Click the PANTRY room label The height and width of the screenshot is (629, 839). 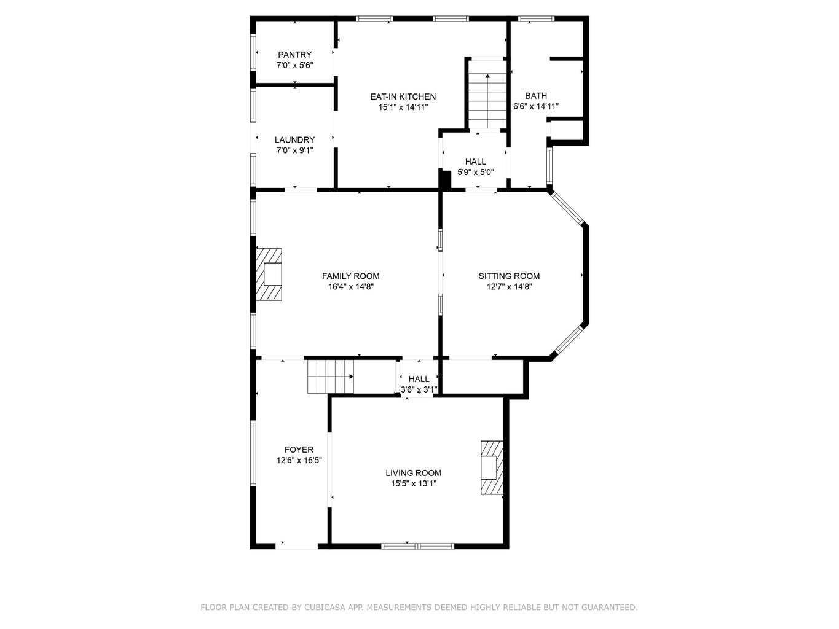coord(294,55)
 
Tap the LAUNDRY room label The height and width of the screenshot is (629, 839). coord(294,140)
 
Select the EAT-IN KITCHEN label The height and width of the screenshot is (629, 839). coord(403,96)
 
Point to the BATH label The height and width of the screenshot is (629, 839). coord(536,96)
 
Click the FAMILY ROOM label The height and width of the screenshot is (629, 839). coord(351,276)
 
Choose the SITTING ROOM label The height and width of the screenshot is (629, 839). coord(509,276)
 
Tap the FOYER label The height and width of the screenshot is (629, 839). coord(299,450)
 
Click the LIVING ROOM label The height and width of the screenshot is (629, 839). coord(414,473)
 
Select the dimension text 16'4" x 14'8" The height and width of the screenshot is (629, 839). coord(351,287)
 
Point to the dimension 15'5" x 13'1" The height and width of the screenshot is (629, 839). coord(414,483)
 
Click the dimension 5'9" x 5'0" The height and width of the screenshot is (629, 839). coord(476,172)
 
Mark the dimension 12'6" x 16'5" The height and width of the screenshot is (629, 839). coord(299,461)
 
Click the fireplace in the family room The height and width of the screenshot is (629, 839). coord(269,274)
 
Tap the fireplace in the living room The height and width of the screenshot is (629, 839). coord(492,468)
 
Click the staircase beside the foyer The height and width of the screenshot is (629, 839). coord(331,377)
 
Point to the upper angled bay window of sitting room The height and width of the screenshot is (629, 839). coord(567,208)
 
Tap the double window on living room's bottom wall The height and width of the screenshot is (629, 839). coord(418,546)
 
